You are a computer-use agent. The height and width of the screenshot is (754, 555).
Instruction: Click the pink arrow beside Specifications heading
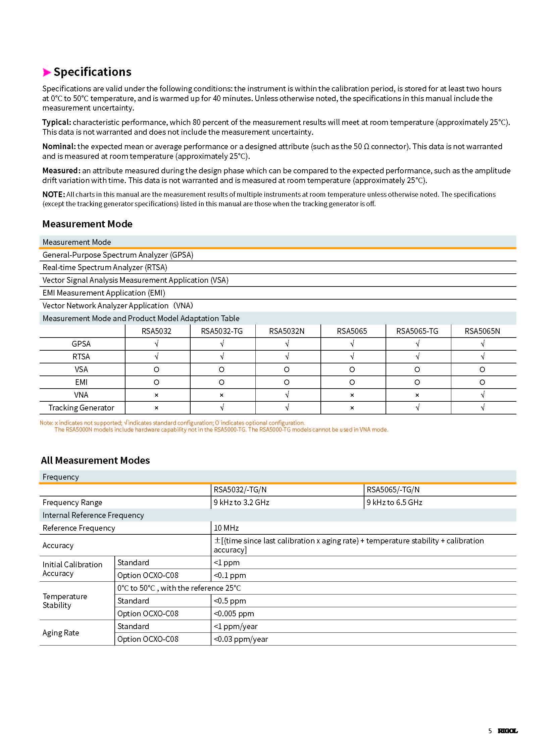pos(47,72)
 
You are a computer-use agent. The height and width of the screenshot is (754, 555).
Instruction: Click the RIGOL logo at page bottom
pos(507,731)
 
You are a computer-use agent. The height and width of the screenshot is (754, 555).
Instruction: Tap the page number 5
pos(490,731)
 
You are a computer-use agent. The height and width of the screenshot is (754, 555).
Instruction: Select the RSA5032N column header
pos(287,331)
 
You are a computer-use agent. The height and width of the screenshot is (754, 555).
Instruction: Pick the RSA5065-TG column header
pos(417,331)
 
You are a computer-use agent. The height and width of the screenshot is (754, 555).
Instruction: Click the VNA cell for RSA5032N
pos(287,395)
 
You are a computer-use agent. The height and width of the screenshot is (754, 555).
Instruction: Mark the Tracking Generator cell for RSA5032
pos(156,408)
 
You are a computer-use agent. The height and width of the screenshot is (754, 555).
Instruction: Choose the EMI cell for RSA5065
pos(352,383)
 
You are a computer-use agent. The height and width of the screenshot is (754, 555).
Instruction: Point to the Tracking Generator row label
pos(81,408)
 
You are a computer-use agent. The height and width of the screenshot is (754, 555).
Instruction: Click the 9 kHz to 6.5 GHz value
pos(394,502)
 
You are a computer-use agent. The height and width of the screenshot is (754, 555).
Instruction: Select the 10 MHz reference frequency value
pos(226,528)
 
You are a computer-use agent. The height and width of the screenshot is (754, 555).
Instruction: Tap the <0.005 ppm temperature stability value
pos(234,614)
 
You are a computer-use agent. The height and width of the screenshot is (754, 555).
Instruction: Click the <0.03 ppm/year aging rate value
pos(241,639)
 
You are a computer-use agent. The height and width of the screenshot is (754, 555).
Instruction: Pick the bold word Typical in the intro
pos(56,122)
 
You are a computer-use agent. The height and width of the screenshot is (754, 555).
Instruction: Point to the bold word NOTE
pos(53,194)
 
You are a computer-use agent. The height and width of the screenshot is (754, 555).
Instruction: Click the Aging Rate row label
pos(61,633)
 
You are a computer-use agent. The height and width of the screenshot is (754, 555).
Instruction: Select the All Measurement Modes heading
pos(95,460)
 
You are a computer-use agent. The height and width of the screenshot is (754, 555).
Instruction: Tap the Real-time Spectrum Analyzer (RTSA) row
pos(105,267)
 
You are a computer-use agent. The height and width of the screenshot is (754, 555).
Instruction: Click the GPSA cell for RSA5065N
pos(483,344)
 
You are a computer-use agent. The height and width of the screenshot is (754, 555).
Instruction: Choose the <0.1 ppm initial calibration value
pos(230,575)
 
